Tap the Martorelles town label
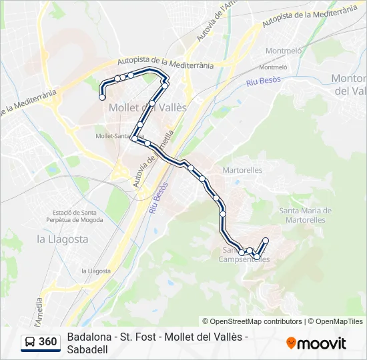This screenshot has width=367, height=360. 244,170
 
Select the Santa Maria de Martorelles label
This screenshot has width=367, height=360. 302,215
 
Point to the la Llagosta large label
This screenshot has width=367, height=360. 62,239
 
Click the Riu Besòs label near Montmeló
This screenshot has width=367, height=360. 263,81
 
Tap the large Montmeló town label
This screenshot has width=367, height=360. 284,51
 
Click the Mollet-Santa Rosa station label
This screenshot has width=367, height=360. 117,136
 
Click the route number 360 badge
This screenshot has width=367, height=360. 47,342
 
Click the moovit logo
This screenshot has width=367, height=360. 316,343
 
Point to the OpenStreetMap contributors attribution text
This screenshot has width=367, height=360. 252,321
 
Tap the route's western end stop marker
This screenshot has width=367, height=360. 102,97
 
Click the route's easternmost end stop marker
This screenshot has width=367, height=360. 266,240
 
